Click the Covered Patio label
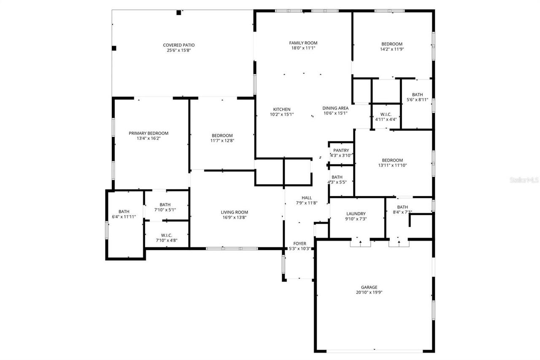(178, 45)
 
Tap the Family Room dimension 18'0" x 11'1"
(303, 48)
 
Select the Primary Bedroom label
(148, 133)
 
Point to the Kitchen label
(281, 109)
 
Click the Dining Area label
(335, 108)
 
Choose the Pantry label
(341, 150)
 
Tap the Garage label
(369, 287)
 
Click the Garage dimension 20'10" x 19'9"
(369, 292)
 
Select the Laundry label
(356, 214)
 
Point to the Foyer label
(300, 244)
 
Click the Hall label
(307, 198)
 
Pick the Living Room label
(234, 212)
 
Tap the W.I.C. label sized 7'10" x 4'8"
(166, 235)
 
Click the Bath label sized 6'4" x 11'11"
(124, 211)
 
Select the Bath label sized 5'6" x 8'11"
(417, 95)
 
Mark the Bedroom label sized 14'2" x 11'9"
(392, 44)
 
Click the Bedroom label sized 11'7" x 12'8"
(222, 135)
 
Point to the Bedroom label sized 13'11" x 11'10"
(392, 160)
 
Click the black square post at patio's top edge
(178, 13)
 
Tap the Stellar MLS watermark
(524, 180)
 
